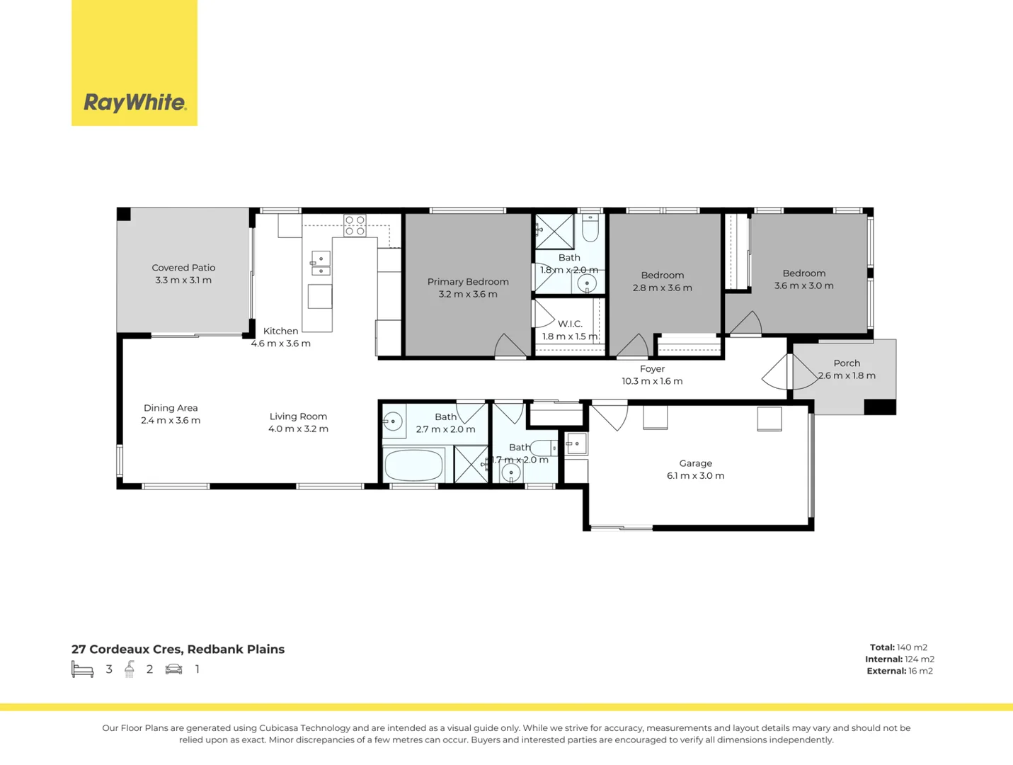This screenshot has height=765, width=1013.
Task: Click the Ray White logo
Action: [135, 103]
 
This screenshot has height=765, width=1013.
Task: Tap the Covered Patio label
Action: [183, 268]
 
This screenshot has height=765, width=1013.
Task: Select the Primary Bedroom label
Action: [468, 282]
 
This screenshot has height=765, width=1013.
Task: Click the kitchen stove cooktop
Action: [355, 225]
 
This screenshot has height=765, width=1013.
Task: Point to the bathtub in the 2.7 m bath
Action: [413, 465]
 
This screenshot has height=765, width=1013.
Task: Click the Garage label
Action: [695, 463]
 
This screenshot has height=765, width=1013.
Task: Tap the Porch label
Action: [847, 363]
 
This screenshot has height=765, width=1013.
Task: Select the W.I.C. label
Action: [570, 324]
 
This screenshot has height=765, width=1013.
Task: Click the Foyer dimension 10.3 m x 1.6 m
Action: [652, 381]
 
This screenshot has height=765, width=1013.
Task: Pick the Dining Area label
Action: [171, 408]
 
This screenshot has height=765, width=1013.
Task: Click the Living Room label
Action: [298, 416]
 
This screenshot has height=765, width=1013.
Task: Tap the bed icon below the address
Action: [83, 669]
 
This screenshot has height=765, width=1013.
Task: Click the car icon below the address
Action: [173, 669]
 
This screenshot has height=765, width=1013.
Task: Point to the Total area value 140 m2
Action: [912, 647]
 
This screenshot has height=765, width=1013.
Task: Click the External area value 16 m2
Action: [920, 671]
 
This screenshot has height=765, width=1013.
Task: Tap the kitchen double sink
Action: [321, 263]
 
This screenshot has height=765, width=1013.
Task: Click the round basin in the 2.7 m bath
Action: [393, 422]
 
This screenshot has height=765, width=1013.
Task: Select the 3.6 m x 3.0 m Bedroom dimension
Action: [803, 286]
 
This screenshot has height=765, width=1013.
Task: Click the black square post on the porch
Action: [880, 407]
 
